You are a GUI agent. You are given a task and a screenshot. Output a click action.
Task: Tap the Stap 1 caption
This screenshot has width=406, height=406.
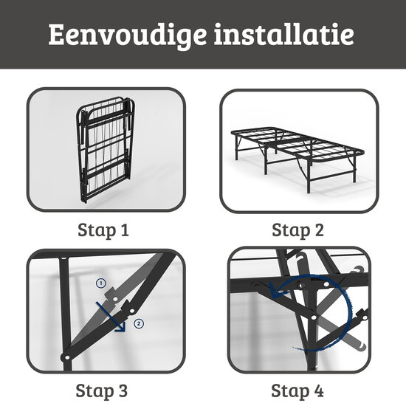pos(103,230)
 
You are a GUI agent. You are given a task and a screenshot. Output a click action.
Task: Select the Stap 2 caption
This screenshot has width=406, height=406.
pos(297,230)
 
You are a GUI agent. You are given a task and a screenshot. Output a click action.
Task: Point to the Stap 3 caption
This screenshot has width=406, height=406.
pos(103,389)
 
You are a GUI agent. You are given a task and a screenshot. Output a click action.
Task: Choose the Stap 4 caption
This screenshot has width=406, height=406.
pos(297,389)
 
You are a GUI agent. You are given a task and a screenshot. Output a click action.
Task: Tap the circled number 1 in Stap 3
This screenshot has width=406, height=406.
pos(102,283)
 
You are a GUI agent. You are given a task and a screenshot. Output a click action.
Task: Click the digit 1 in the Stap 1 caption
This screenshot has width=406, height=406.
pos(124,230)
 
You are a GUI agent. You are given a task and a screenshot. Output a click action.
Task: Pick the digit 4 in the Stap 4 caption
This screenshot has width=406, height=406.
pos(318,389)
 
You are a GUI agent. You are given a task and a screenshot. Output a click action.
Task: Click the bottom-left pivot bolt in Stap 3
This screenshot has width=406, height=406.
pos(69,356)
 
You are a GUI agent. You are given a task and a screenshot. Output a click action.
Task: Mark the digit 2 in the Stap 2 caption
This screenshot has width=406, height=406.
pos(318,230)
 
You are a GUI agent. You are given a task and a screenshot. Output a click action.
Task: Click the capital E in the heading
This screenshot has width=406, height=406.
pos(58,35)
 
